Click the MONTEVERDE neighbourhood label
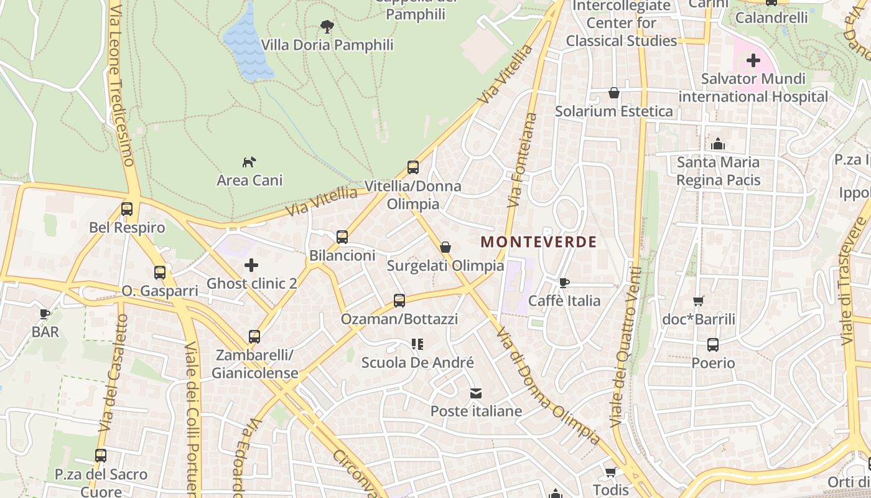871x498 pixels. tap(539, 242)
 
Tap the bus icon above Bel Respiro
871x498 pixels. tap(127, 209)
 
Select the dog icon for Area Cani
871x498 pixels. tap(249, 162)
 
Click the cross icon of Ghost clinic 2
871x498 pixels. tap(251, 266)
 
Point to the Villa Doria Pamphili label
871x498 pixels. tap(327, 45)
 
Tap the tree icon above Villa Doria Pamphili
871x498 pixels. tap(327, 26)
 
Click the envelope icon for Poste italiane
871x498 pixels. tap(476, 393)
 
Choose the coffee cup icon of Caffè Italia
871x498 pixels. tap(564, 283)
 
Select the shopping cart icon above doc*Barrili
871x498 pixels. tap(698, 301)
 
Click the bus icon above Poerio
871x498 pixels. tap(713, 345)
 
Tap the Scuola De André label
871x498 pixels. tap(417, 362)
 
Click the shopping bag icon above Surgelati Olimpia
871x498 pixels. tap(445, 247)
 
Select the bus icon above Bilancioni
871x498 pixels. tap(342, 237)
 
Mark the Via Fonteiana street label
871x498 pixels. tap(522, 160)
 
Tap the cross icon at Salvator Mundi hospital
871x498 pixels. tap(753, 60)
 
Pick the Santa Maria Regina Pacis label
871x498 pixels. tap(718, 171)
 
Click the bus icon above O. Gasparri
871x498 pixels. tap(160, 273)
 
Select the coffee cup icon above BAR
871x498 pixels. tap(45, 314)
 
